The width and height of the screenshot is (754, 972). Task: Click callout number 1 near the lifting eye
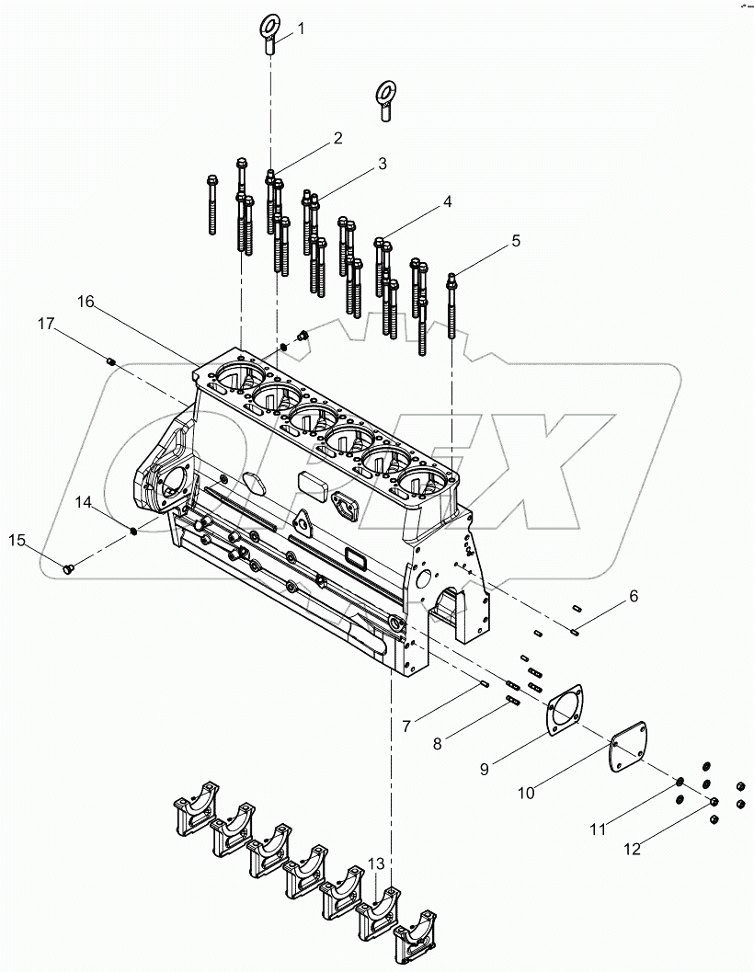coord(301,29)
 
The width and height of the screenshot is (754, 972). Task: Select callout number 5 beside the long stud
coord(515,241)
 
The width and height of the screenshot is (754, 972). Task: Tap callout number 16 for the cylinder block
coord(86,302)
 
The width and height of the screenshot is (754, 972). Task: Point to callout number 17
coord(46,323)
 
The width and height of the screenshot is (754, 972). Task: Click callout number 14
coord(84,502)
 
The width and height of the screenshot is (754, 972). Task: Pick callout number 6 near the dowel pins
coord(633,596)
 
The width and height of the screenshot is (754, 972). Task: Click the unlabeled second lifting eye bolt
coord(386,99)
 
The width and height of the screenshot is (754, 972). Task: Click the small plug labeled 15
coord(67,571)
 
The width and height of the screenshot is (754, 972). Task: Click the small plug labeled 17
coord(111,361)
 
